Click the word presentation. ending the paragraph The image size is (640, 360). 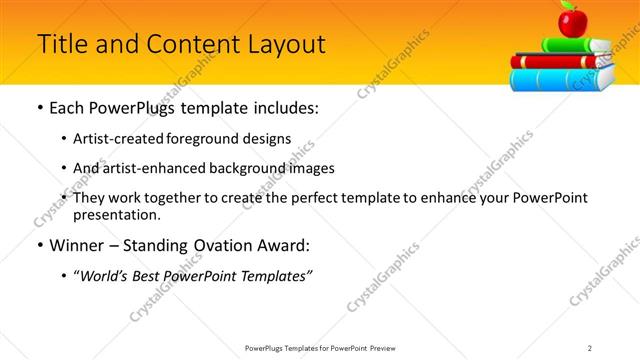coord(116,214)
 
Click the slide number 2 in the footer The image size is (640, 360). coord(590,348)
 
